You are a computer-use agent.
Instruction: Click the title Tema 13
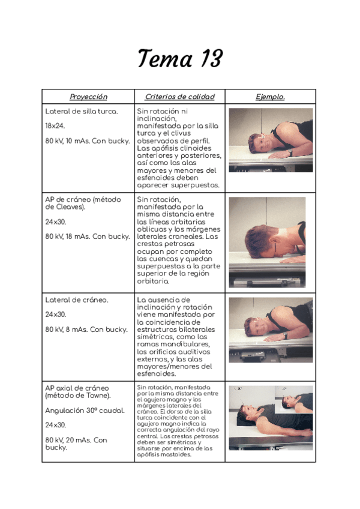coord(179,59)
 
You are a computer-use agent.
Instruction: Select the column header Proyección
coord(88,97)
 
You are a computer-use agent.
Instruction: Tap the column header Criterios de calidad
coord(179,97)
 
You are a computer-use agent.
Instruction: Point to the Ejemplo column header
coord(270,97)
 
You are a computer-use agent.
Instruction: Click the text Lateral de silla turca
coord(82,112)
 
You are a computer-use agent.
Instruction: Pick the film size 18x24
coord(55,126)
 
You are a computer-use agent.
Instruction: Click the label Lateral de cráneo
coord(77,300)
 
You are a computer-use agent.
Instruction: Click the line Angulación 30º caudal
coord(85,411)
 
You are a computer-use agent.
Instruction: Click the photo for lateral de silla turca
coord(270,140)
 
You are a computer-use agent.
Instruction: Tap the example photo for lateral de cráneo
coord(270,330)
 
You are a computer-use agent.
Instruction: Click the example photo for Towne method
coord(270,418)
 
